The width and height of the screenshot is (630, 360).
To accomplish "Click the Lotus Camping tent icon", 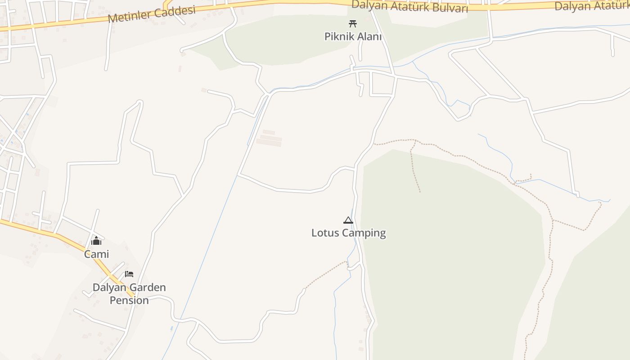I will (348, 220).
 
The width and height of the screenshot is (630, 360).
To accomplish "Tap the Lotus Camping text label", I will (349, 233).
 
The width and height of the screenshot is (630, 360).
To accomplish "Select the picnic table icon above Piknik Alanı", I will (353, 23).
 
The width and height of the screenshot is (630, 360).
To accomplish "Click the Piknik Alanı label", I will (353, 36).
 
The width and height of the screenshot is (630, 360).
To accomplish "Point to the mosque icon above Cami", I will (96, 241).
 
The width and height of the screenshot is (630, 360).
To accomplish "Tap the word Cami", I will (97, 254).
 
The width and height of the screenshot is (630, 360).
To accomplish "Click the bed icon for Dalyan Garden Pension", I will (129, 274).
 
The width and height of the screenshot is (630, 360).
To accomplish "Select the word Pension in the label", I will (129, 300).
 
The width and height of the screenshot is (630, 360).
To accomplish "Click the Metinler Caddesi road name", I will (152, 15).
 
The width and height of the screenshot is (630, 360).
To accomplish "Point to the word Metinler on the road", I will (130, 17).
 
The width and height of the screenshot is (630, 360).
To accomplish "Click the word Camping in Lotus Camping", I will (364, 233).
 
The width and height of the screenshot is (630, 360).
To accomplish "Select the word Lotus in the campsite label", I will (325, 233).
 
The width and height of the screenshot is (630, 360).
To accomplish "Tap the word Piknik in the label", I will (339, 36).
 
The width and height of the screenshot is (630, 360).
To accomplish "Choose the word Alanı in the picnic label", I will (369, 36).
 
